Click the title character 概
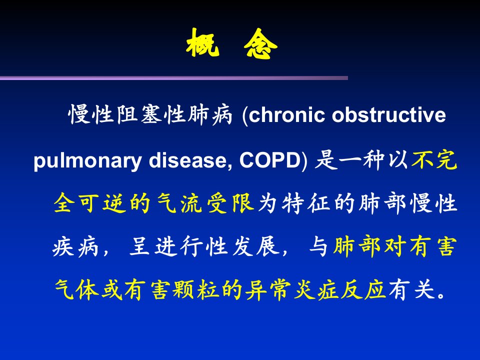pyautogui.click(x=202, y=43)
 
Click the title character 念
pyautogui.click(x=260, y=43)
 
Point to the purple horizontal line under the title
pyautogui.click(x=174, y=78)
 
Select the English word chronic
pyautogui.click(x=286, y=115)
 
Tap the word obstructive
pyautogui.click(x=389, y=115)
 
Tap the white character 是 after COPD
pyautogui.click(x=326, y=160)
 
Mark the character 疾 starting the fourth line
pyautogui.click(x=63, y=246)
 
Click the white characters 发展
pyautogui.click(x=256, y=246)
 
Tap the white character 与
pyautogui.click(x=318, y=246)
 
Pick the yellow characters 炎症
pyautogui.click(x=316, y=289)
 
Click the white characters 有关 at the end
pyautogui.click(x=411, y=289)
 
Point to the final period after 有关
pyautogui.click(x=441, y=295)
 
